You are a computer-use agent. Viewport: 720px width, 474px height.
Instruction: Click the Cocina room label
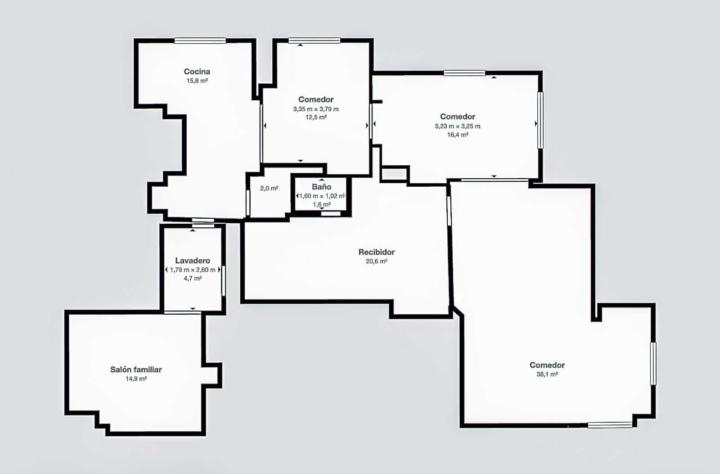pos(197,72)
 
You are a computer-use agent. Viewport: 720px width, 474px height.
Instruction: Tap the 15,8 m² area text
pos(197,81)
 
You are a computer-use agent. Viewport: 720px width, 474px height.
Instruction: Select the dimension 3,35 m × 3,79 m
pos(316,109)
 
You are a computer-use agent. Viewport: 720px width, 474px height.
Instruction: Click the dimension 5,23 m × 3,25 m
pos(457,126)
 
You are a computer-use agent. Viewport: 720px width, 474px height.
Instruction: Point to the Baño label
pos(321,187)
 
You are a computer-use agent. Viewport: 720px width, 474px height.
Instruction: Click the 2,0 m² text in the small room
pos(269,189)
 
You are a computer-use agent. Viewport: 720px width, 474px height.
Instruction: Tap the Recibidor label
pos(376,252)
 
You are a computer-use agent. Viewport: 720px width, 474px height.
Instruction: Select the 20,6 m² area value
pos(376,261)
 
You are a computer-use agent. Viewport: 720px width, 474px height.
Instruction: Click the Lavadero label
pos(193,261)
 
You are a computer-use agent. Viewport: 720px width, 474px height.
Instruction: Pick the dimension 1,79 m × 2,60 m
pos(193,270)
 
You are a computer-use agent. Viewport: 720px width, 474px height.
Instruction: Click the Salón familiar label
pos(136,370)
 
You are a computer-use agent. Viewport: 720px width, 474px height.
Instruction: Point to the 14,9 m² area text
pos(136,379)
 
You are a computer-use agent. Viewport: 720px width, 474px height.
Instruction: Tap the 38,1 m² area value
pos(547,374)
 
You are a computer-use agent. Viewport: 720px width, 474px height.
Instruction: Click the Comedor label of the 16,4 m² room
pos(457,117)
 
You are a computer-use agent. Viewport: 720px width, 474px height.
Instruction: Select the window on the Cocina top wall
pos(200,41)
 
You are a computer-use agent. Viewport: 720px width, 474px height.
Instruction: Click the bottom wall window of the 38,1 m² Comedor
pos(610,424)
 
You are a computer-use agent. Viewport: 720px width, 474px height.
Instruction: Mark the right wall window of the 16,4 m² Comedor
pos(540,120)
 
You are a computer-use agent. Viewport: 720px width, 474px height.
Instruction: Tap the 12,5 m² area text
pos(316,117)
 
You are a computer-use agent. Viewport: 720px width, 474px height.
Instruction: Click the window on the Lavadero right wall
pos(223,281)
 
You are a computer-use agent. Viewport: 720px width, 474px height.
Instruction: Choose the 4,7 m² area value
pos(193,278)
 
